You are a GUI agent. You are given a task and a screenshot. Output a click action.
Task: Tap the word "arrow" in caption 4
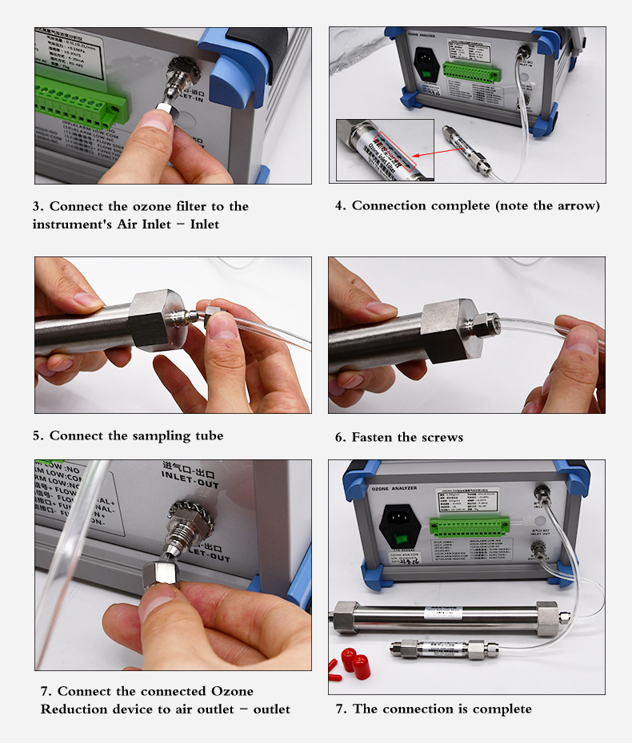click(574, 205)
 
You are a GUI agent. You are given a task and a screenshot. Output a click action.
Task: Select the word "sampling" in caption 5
click(150, 435)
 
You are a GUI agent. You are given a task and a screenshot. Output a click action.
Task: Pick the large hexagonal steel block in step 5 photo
click(158, 320)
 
